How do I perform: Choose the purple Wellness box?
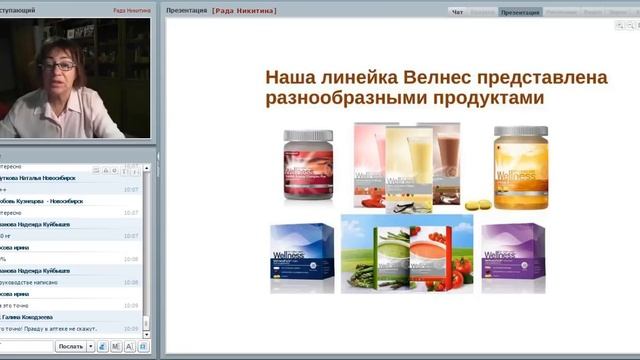513,256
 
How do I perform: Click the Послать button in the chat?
71,346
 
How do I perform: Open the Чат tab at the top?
458,12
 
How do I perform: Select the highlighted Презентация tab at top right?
519,12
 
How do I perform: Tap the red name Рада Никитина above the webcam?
131,9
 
